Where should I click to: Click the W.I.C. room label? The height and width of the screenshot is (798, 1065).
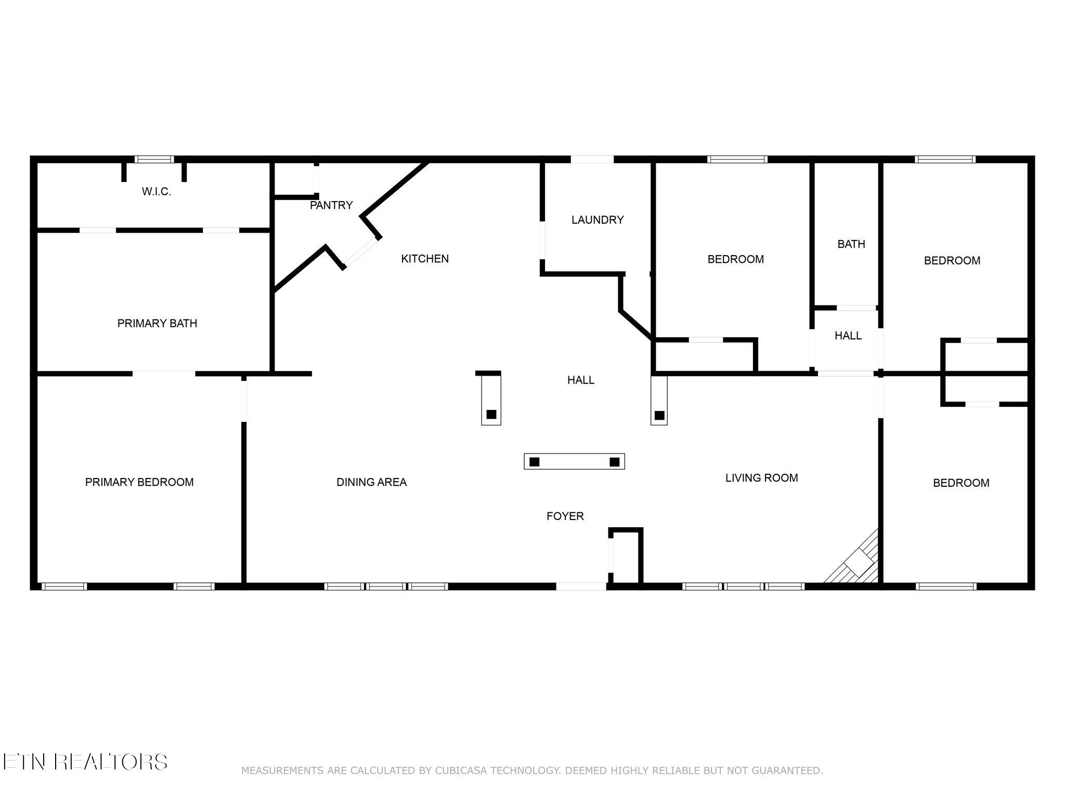[x=157, y=192]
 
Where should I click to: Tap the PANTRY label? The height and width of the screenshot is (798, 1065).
[x=331, y=205]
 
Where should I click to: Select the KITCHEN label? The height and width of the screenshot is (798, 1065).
[x=425, y=259]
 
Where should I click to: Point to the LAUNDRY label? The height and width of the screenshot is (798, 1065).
[x=598, y=220]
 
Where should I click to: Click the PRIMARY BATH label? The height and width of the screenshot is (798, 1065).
[x=157, y=324]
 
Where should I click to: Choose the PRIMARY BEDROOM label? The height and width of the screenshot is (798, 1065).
[x=139, y=482]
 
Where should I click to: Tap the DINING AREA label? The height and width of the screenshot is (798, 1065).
[x=371, y=482]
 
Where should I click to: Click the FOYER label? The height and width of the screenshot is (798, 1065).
[x=565, y=516]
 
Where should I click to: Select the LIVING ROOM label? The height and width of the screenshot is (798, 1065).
[x=762, y=478]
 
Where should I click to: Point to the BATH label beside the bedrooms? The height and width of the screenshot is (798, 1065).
[x=851, y=244]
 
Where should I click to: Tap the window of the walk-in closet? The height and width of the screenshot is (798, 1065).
[x=154, y=159]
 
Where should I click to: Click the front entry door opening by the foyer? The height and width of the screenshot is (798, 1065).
[x=581, y=587]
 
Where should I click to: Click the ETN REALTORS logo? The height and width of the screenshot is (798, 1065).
[x=85, y=762]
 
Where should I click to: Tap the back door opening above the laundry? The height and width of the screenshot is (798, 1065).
[x=592, y=159]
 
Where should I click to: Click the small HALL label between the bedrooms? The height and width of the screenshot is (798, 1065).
[x=848, y=336]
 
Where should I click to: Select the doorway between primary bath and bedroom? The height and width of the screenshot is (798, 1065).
[x=164, y=374]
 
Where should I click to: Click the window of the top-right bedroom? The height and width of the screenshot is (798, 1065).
[x=945, y=159]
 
